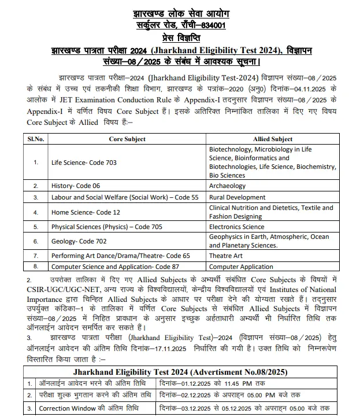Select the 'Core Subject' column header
coord(127,139)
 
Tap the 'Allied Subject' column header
coord(273,139)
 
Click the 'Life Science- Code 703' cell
coord(84,163)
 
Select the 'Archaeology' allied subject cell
coord(228,186)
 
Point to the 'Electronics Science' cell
coord(236,227)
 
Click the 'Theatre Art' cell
coord(227,255)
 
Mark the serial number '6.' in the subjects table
coord(36,241)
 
